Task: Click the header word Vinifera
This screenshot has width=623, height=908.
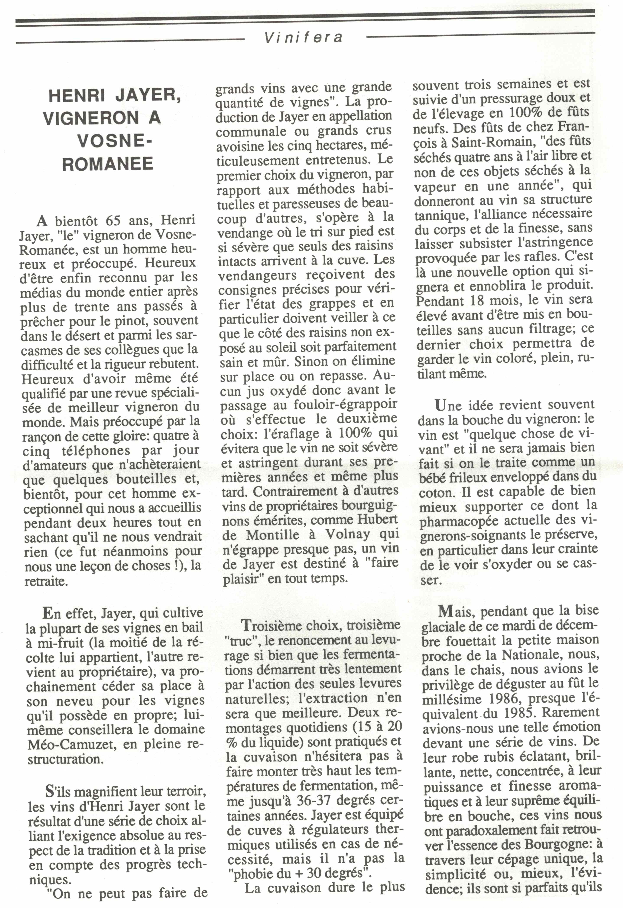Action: tap(304, 37)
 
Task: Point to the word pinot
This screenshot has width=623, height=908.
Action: tap(135, 321)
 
